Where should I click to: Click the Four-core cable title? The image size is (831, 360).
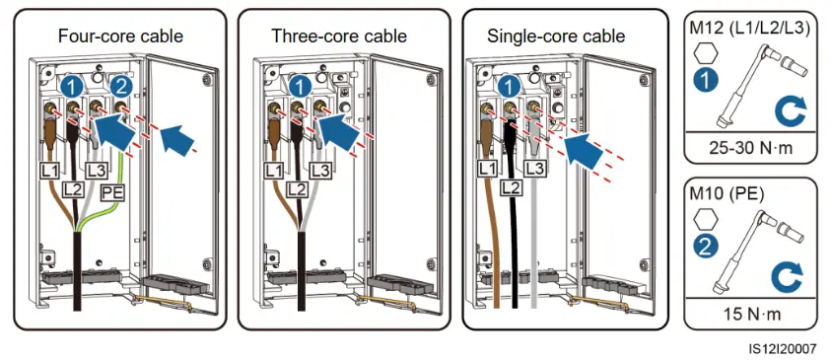tap(120, 36)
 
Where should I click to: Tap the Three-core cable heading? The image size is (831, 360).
tap(339, 36)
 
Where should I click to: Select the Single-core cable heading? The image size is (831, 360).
tap(556, 36)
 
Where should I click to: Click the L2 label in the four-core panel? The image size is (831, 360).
tap(72, 188)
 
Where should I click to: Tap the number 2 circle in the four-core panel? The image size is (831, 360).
tap(121, 87)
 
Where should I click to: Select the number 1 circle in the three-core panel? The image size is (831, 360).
tap(300, 87)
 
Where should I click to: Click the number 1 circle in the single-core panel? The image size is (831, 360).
tap(509, 87)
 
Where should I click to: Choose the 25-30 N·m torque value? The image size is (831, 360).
tap(751, 147)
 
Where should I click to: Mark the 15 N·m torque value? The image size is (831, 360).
tap(752, 314)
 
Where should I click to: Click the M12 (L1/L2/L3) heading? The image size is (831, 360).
tap(749, 29)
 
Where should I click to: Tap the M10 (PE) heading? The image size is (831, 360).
tap(727, 194)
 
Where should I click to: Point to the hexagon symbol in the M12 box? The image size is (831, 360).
tap(706, 53)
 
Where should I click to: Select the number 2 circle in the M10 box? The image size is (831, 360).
tap(706, 248)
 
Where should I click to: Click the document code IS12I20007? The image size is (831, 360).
tap(784, 348)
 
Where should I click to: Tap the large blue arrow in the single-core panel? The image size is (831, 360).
tap(584, 150)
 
